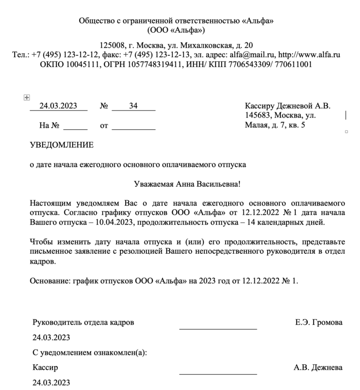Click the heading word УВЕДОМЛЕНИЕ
pyautogui.click(x=61, y=145)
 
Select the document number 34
pyautogui.click(x=133, y=106)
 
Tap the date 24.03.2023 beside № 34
pyautogui.click(x=58, y=106)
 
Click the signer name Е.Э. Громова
pyautogui.click(x=319, y=323)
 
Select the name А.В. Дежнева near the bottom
pyautogui.click(x=318, y=368)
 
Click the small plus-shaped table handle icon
pyautogui.click(x=27, y=97)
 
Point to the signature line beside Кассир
pyautogui.click(x=218, y=374)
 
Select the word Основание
pyautogui.click(x=48, y=281)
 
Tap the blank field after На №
pyautogui.click(x=75, y=126)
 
